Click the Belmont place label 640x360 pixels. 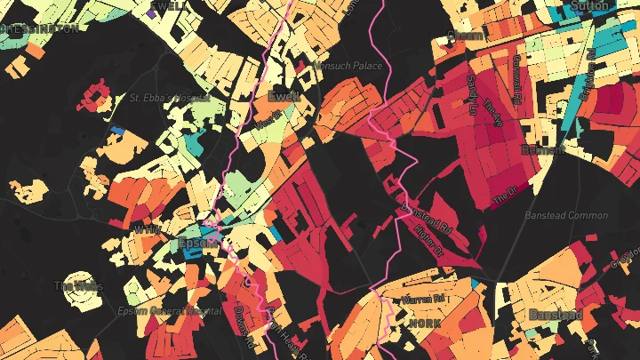coord(544,149)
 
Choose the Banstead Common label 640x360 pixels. coord(566,215)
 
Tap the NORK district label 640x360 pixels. coord(424,324)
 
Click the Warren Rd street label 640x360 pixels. coord(421,300)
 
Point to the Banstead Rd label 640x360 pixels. coord(427,219)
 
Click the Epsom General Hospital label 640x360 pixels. coord(170,311)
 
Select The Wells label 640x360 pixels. coord(79,286)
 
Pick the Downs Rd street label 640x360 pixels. coord(244,326)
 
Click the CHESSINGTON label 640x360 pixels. coord(39,28)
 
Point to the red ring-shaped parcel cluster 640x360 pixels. coord(94,95)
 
